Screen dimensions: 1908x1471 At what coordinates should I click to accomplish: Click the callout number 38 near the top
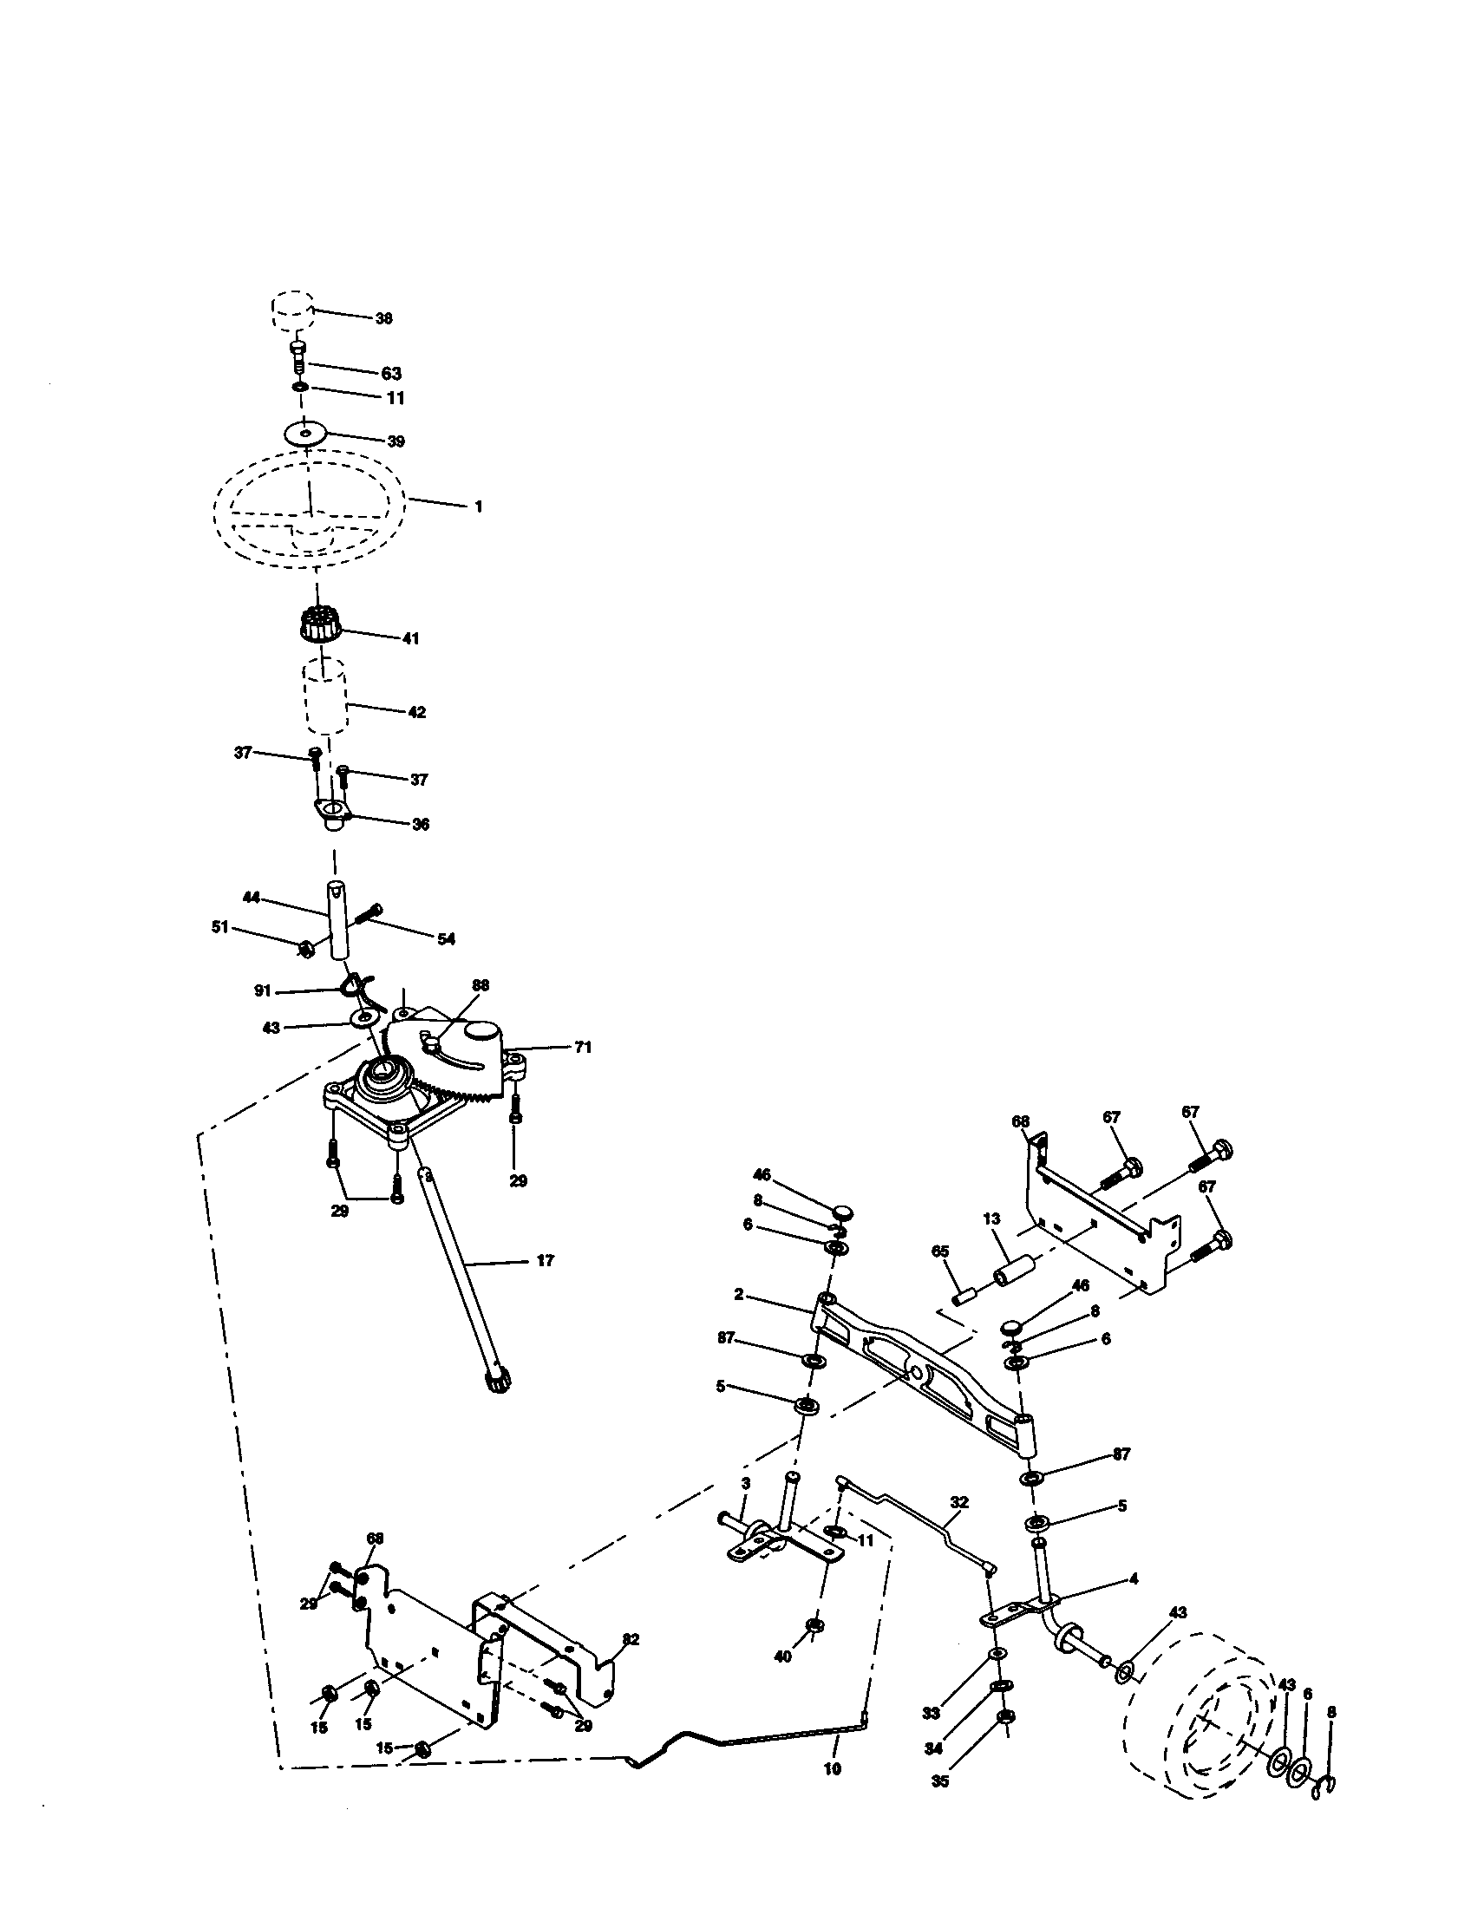(383, 319)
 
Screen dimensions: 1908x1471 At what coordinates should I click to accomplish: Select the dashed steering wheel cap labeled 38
(290, 311)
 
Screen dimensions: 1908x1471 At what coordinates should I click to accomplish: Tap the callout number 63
(391, 374)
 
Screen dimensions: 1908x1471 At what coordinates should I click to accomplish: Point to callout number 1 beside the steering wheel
(478, 506)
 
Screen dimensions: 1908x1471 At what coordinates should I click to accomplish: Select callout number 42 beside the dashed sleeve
(416, 712)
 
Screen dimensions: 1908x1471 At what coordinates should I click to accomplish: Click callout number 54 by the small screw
(446, 939)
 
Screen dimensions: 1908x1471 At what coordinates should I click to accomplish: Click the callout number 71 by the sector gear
(583, 1047)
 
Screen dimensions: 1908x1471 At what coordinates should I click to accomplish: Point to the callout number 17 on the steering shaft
(545, 1261)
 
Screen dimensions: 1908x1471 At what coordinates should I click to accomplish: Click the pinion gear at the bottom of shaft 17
(497, 1381)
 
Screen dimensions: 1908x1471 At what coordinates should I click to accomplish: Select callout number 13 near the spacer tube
(990, 1218)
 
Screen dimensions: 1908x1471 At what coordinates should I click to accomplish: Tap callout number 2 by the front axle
(739, 1295)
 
